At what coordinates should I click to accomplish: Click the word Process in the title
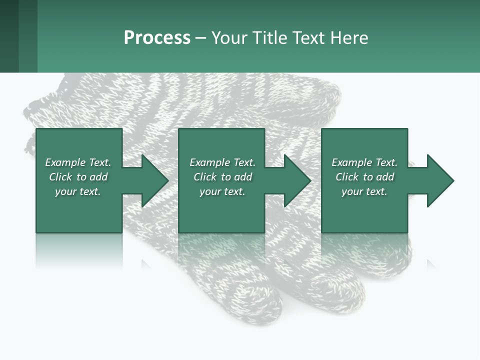pyautogui.click(x=157, y=38)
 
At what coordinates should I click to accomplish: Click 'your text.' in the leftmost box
pyautogui.click(x=78, y=191)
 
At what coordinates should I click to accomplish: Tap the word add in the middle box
pyautogui.click(x=243, y=177)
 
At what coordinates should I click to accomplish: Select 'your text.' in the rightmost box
pyautogui.click(x=364, y=191)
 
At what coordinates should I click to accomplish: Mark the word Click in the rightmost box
pyautogui.click(x=347, y=177)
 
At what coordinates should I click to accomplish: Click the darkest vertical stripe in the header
pyautogui.click(x=9, y=36)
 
